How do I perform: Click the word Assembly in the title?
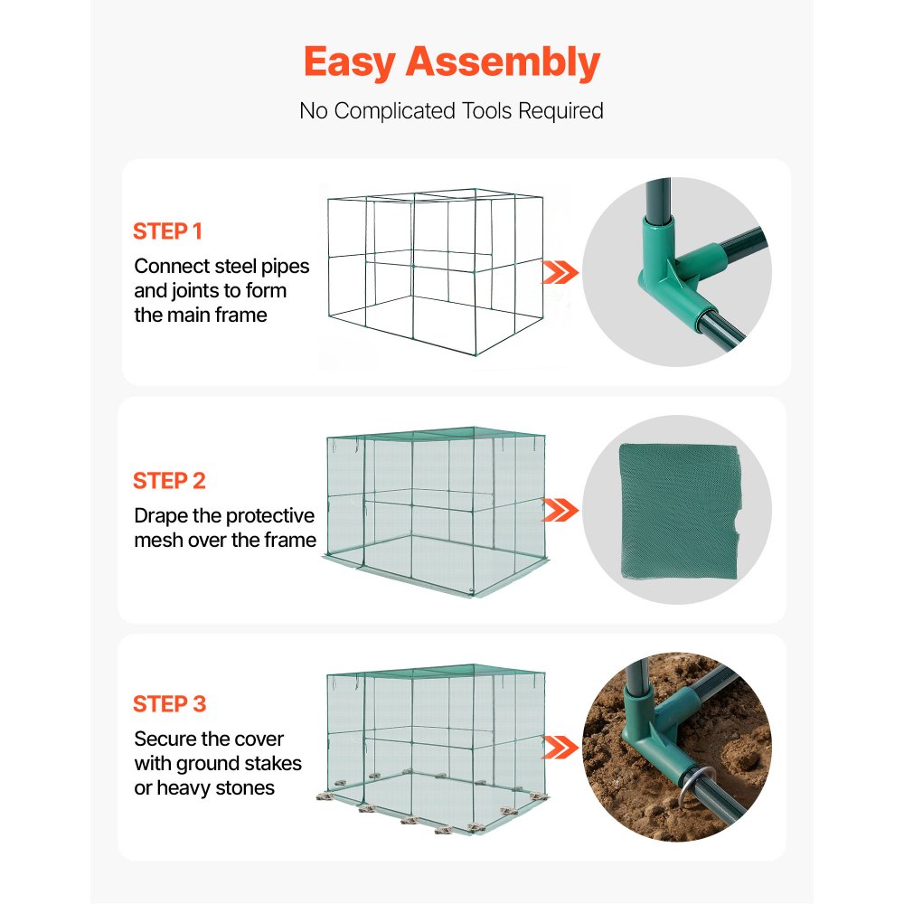click(x=503, y=63)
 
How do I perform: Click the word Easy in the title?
click(x=349, y=61)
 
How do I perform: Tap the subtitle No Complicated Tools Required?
click(x=451, y=111)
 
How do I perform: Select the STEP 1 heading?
click(x=167, y=231)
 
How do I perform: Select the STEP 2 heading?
click(x=169, y=481)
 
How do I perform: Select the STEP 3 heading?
click(x=169, y=704)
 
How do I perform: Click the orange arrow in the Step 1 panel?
click(x=560, y=272)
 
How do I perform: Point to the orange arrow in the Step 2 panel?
click(x=560, y=511)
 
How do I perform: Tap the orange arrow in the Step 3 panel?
click(x=560, y=747)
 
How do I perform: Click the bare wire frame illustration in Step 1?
click(x=432, y=276)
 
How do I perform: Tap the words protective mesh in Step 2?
click(x=269, y=516)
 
